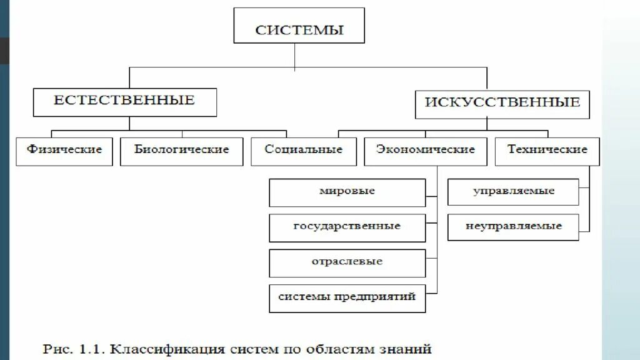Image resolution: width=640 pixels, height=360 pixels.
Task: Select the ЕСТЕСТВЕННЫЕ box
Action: tap(124, 102)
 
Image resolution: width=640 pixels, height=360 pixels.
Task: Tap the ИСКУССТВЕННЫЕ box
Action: tap(502, 102)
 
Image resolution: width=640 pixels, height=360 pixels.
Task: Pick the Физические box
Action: tap(64, 151)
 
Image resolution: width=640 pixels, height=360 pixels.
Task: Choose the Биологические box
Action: tap(181, 151)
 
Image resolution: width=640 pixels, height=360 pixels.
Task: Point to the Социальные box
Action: tap(303, 151)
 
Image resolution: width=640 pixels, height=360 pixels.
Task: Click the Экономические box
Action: tap(425, 151)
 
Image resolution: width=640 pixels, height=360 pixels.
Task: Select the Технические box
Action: tap(547, 151)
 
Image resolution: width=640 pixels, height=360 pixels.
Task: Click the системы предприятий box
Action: tap(347, 298)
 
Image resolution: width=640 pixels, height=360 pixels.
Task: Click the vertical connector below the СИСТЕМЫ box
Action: tap(295, 55)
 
